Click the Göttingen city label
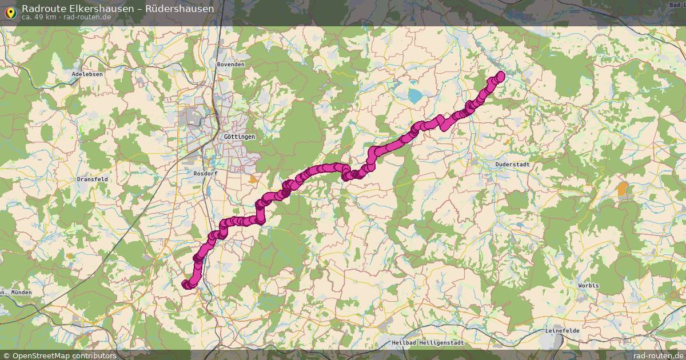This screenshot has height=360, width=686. [240, 137]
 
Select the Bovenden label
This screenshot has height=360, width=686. [230, 65]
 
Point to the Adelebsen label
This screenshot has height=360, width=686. [86, 75]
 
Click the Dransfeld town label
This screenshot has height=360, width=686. [92, 179]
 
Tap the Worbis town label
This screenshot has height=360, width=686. [589, 285]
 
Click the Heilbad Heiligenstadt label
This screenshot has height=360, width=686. [428, 343]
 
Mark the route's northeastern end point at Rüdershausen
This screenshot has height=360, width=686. [501, 75]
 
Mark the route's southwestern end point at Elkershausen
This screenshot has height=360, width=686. [186, 284]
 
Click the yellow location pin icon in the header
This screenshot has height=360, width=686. [10, 11]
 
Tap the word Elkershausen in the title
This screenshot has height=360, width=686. [95, 9]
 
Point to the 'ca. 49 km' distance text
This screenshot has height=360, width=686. [38, 17]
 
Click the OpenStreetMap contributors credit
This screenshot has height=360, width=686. [59, 355]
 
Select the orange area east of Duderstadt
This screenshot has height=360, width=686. [623, 188]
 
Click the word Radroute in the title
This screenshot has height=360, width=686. [41, 9]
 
